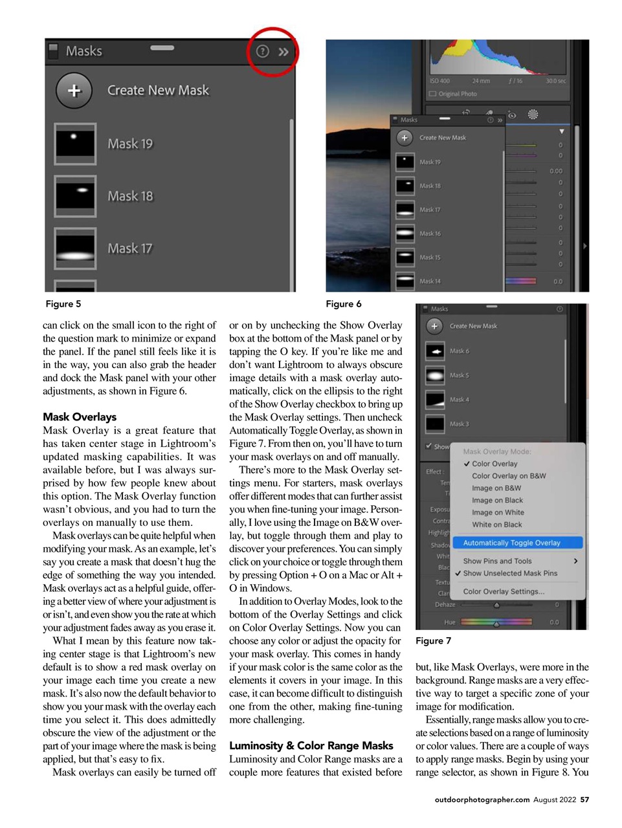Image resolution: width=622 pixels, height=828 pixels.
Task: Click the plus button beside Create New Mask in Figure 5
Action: (x=74, y=91)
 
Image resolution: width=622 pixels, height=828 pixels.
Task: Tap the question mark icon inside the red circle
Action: (x=262, y=51)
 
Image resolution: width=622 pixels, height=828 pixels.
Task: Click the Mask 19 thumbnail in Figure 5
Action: (x=75, y=144)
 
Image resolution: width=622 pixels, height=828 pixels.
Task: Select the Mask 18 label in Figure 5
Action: (x=130, y=196)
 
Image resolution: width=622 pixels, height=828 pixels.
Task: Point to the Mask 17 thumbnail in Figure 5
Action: (x=75, y=248)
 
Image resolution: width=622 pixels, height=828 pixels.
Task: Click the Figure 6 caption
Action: (x=343, y=304)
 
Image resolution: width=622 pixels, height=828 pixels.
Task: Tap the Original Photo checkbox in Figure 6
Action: (x=432, y=94)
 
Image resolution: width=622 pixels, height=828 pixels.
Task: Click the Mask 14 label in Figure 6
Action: (x=430, y=281)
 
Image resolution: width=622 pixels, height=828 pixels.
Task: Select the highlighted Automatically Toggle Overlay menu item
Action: (x=511, y=543)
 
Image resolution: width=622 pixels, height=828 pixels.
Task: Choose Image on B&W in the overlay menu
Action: (x=496, y=488)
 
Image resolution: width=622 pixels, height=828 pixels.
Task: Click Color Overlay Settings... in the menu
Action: (x=504, y=591)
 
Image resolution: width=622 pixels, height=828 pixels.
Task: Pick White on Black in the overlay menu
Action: (x=496, y=525)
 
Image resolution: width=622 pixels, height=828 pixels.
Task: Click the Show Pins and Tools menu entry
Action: (x=497, y=561)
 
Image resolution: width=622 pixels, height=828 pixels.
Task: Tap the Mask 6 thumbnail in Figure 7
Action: (x=435, y=351)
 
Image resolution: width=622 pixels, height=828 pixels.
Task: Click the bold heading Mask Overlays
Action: (x=80, y=417)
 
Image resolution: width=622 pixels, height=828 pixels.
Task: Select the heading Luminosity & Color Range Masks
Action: (x=311, y=746)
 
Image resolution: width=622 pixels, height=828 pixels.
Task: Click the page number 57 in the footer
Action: (x=584, y=800)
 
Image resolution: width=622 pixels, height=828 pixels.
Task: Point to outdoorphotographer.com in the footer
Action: (x=482, y=800)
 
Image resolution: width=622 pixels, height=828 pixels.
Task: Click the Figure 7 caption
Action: (x=433, y=641)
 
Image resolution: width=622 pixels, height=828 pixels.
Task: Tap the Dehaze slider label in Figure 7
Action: (x=445, y=605)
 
